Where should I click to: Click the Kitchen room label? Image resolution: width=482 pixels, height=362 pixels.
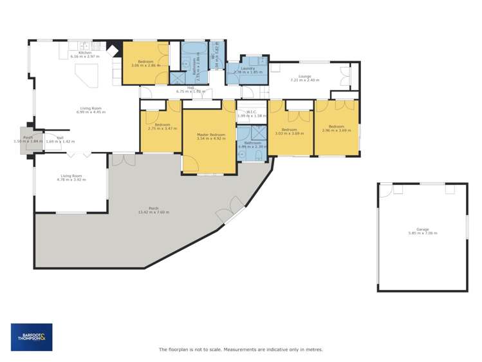click(x=86, y=53)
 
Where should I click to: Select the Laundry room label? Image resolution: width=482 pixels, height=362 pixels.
click(x=248, y=68)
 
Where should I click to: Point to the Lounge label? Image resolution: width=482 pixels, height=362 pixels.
click(x=304, y=76)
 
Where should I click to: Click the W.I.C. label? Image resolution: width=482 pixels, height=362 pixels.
click(x=251, y=112)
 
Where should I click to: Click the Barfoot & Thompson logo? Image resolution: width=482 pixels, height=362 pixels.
click(x=32, y=336)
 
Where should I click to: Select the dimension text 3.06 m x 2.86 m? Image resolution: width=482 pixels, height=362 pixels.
click(x=146, y=65)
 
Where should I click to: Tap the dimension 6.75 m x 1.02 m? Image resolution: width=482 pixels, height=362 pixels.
click(x=190, y=91)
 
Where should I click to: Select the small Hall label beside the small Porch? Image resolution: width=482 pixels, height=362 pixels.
click(x=59, y=137)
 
